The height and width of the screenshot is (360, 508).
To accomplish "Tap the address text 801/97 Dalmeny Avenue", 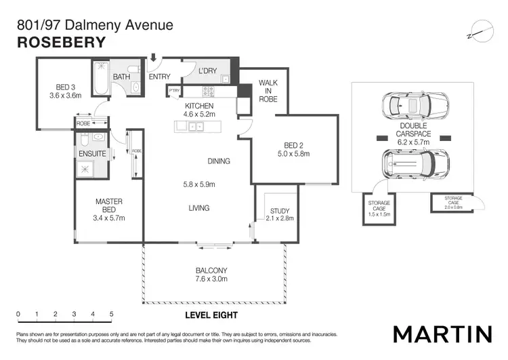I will point(95,26).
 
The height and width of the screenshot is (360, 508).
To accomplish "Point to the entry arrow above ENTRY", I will point(154,60).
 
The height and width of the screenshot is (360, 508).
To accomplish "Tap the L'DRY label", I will point(207,71).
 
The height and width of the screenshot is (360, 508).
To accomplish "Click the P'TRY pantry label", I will point(175,91).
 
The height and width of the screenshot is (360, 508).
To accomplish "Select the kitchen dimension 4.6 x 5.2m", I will point(199,115).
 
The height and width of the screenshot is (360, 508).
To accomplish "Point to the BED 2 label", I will point(293,144).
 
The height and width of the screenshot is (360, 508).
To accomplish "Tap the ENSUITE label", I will point(93,154).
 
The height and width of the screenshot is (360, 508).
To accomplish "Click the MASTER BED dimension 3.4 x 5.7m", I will point(108,218).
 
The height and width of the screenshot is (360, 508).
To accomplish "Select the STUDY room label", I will point(279,211).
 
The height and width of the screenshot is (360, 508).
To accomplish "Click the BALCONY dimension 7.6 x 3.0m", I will point(211,279).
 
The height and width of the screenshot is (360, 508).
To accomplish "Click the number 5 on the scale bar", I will point(111,315).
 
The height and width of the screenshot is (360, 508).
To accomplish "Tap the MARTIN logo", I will point(442,334).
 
